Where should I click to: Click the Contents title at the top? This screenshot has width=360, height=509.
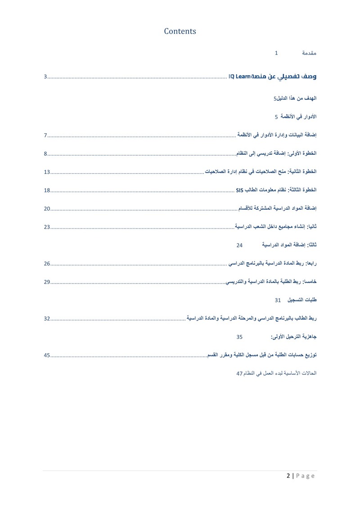click(x=180, y=31)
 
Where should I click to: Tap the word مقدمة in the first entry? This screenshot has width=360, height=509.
click(x=309, y=53)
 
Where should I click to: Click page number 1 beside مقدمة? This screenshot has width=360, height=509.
click(x=276, y=53)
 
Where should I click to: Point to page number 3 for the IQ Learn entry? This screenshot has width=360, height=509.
click(x=45, y=77)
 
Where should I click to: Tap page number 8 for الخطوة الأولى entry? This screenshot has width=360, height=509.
click(x=45, y=154)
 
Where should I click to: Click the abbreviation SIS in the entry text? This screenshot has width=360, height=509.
click(x=239, y=190)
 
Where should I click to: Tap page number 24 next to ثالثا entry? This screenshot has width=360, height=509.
click(x=239, y=245)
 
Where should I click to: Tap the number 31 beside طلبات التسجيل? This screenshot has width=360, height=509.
click(x=278, y=300)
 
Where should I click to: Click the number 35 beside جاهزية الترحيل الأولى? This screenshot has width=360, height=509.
click(x=239, y=337)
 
